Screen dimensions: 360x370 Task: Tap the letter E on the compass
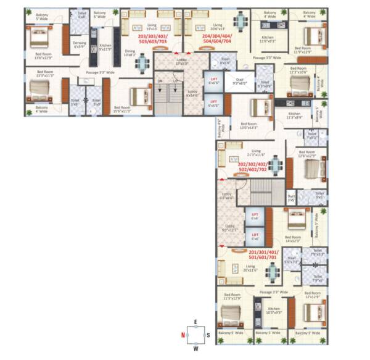click(x=195, y=322)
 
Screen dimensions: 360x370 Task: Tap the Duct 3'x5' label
click(x=291, y=199)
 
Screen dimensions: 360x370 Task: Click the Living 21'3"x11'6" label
click(x=255, y=152)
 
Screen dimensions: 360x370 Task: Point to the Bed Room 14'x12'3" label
click(x=293, y=238)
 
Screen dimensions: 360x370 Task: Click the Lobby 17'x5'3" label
click(x=168, y=64)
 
